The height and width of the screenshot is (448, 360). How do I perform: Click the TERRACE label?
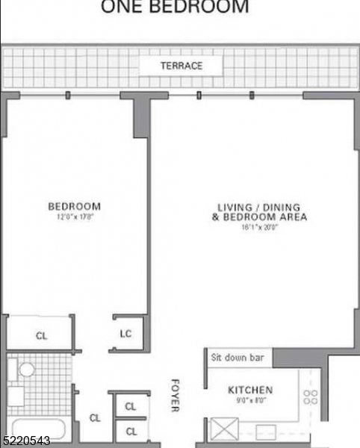point(181,66)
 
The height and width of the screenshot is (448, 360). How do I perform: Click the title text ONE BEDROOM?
point(174,7)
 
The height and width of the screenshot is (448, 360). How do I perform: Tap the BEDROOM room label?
point(74,206)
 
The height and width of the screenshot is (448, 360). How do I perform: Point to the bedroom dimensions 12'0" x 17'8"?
point(74,217)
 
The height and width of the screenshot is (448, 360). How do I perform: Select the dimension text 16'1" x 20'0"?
point(259,228)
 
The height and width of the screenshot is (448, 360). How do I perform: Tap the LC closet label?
point(125,333)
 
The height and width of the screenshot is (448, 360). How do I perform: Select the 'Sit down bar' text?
point(237,358)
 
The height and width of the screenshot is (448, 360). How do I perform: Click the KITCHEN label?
point(250,390)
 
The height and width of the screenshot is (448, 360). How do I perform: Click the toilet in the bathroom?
point(27,370)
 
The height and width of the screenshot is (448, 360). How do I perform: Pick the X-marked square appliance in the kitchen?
point(223,431)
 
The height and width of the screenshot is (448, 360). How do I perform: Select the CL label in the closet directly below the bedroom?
point(41,336)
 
